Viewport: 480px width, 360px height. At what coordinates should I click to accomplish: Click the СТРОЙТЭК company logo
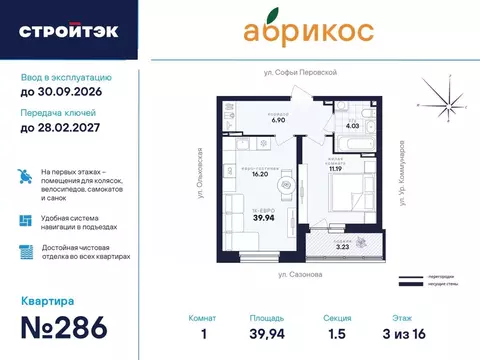click(68, 31)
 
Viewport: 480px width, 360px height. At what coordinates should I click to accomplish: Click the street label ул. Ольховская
click(200, 167)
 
